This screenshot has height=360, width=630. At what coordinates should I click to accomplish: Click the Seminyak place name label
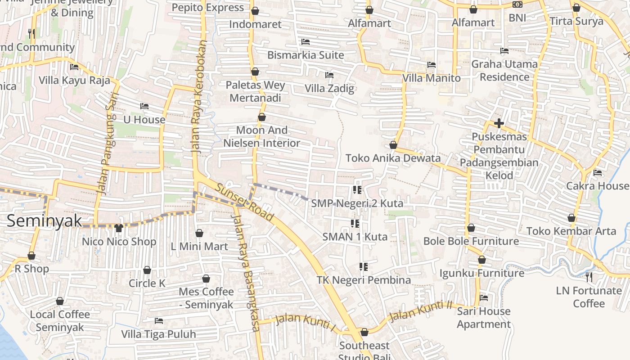point(45,220)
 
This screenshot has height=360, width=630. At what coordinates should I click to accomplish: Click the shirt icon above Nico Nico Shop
point(119,228)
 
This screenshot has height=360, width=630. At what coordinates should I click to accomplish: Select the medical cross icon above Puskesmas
point(499,123)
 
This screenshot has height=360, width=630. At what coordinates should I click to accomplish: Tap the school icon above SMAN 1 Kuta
point(355,224)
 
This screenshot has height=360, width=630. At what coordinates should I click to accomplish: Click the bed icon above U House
point(144,106)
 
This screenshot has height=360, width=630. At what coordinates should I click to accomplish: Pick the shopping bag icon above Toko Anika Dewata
point(393,145)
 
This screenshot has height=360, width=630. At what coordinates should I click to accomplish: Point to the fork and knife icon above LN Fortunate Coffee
point(589,277)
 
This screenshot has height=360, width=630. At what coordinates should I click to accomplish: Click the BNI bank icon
point(517,4)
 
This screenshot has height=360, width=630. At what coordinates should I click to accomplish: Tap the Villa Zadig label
point(329,88)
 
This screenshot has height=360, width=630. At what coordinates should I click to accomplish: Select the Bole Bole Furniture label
point(471,241)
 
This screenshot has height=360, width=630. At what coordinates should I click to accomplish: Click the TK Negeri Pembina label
point(364,280)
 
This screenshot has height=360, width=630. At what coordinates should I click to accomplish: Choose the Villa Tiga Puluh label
point(158,334)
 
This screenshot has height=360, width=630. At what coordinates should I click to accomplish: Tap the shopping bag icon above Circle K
point(147,270)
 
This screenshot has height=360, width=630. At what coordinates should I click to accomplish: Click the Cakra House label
point(597,186)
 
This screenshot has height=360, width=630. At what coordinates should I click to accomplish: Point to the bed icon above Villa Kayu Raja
point(74,67)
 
